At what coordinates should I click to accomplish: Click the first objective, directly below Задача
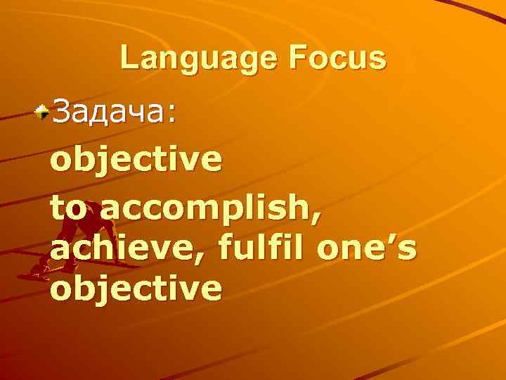136,160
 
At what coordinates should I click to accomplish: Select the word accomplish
206,209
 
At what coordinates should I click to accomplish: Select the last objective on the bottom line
136,288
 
